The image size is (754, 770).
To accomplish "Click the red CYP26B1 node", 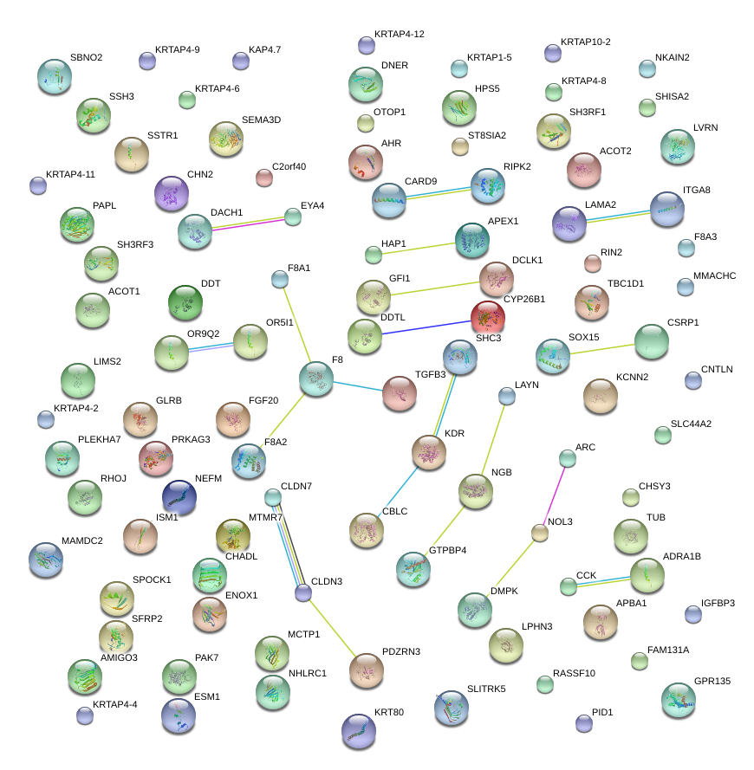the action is (487, 315).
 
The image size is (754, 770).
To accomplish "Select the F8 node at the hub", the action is (315, 379).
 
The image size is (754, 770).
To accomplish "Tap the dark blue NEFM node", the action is (179, 496).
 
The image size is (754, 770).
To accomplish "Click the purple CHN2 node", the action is (171, 193).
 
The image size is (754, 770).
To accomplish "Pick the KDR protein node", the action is (428, 452).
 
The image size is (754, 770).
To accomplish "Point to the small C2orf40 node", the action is (264, 178).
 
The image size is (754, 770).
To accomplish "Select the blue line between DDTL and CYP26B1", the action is (425, 326).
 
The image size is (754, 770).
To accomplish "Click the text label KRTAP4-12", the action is (399, 34).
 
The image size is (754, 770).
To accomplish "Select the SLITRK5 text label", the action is (486, 689).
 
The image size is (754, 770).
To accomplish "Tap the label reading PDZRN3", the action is (400, 651).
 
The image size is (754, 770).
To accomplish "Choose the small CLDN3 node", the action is (302, 593).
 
